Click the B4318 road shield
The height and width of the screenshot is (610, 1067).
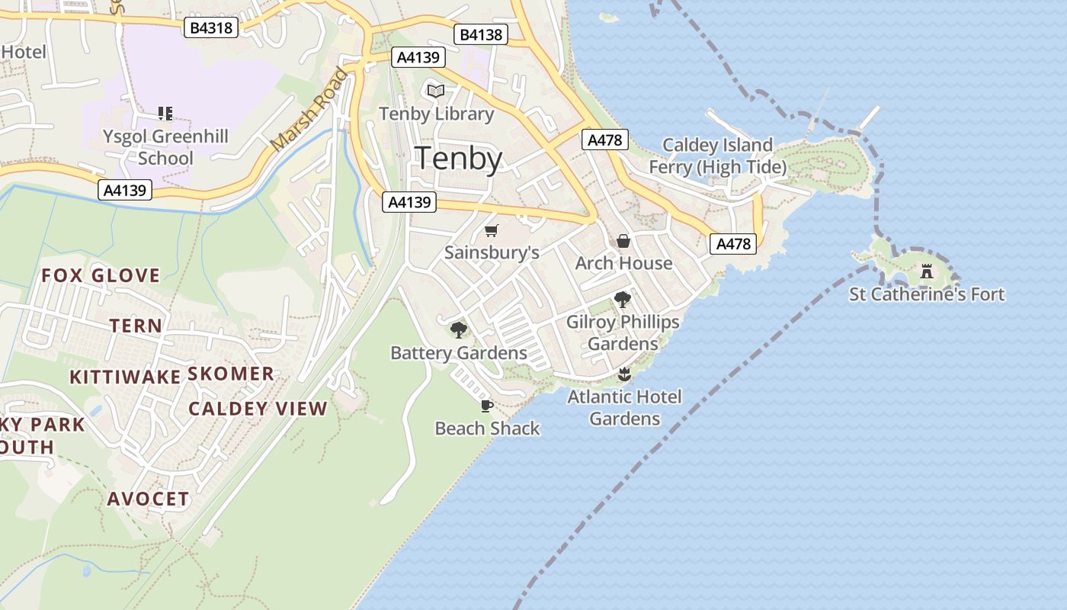click(x=211, y=28)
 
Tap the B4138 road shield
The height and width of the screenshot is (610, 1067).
click(x=481, y=34)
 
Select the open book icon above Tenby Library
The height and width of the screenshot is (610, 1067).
click(x=435, y=91)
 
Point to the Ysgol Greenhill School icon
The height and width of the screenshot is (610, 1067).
click(x=165, y=114)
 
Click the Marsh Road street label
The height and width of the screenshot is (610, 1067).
click(x=309, y=109)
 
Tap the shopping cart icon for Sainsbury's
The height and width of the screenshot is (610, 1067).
click(x=492, y=230)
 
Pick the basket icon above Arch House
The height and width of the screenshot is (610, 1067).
click(x=623, y=241)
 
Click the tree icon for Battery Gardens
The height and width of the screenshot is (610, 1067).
click(x=458, y=330)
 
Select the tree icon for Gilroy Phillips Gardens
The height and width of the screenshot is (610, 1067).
click(x=622, y=300)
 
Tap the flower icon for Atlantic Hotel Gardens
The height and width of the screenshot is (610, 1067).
click(x=624, y=374)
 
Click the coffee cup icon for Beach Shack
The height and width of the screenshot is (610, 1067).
click(x=486, y=406)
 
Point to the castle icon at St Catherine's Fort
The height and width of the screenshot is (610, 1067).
click(x=927, y=271)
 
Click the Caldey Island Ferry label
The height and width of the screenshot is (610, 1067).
click(x=717, y=156)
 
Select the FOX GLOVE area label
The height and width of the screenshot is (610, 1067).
click(x=101, y=275)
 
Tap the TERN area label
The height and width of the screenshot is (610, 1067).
click(x=136, y=326)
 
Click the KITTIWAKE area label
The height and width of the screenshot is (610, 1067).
click(x=125, y=377)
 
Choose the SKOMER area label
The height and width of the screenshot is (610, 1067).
click(x=230, y=374)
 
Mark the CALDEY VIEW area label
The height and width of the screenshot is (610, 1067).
click(x=258, y=409)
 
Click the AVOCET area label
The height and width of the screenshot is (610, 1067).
click(x=148, y=499)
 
